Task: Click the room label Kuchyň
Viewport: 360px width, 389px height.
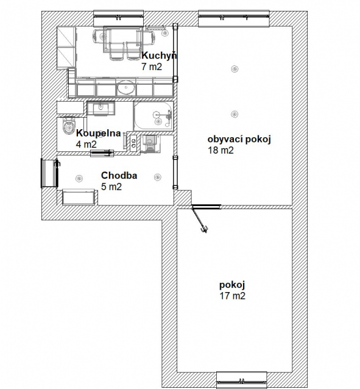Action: tap(159, 55)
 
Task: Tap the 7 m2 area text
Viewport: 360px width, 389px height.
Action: tap(152, 66)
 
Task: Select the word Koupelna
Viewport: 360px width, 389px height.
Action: tap(99, 133)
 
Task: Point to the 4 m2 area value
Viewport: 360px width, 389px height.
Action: tap(86, 144)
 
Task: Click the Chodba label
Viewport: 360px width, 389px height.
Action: tap(119, 176)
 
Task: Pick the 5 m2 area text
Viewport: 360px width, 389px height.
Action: tap(111, 187)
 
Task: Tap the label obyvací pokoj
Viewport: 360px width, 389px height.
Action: tap(239, 140)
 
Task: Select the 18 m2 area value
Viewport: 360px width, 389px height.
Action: tap(221, 151)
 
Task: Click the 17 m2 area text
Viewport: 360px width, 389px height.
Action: tap(233, 296)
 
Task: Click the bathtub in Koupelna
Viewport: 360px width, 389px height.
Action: tap(154, 116)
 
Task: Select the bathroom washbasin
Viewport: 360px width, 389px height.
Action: tap(101, 109)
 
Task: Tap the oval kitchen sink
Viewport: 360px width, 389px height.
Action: tap(126, 87)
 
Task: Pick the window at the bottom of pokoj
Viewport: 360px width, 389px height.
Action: tap(241, 380)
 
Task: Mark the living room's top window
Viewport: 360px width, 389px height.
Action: tap(234, 18)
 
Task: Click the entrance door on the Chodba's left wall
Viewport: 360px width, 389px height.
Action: tap(49, 173)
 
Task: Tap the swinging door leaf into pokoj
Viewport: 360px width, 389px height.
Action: tap(200, 219)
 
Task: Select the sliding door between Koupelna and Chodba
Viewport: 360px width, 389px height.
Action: tap(102, 153)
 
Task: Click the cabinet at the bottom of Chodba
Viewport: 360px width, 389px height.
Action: tap(78, 197)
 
